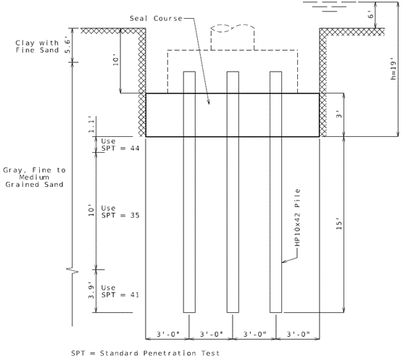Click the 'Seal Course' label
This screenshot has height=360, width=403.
(156, 19)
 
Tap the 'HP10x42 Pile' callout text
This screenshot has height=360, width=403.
(297, 217)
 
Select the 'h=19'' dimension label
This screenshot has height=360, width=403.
(394, 68)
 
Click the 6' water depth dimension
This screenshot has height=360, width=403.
(370, 15)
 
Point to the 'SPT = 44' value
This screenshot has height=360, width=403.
(120, 148)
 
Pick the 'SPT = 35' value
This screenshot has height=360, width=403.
(120, 215)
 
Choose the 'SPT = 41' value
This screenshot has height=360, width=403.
(120, 295)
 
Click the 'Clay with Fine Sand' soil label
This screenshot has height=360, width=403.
(37, 46)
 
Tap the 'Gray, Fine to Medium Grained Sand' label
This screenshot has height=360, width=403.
(34, 177)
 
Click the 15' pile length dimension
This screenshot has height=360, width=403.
(339, 223)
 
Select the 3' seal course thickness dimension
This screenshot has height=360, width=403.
(339, 114)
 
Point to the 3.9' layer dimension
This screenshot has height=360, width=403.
(91, 291)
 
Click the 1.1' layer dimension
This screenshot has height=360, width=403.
(91, 125)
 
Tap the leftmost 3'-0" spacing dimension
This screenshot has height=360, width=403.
(168, 334)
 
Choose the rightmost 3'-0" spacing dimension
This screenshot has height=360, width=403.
(298, 334)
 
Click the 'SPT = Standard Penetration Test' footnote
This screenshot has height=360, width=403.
(146, 353)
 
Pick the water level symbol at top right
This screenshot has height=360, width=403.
(330, 7)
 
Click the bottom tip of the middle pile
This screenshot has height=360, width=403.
(233, 312)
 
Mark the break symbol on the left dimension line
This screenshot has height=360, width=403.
(72, 270)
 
